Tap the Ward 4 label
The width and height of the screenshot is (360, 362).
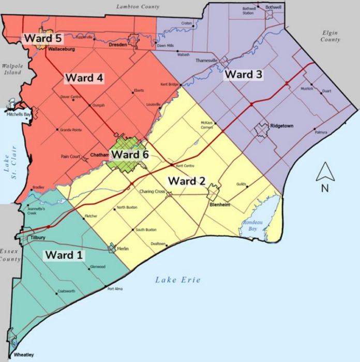pyautogui.click(x=84, y=78)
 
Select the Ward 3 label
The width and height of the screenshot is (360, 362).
pyautogui.click(x=243, y=75)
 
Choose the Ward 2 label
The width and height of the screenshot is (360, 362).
pyautogui.click(x=186, y=181)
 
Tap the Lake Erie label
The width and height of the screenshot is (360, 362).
pyautogui.click(x=178, y=280)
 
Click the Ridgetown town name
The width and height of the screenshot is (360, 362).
pyautogui.click(x=281, y=125)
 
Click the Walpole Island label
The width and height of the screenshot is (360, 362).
pyautogui.click(x=11, y=69)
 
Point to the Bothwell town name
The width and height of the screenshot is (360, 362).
pyautogui.click(x=273, y=7)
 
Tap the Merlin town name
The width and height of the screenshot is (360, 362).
pyautogui.click(x=123, y=249)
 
